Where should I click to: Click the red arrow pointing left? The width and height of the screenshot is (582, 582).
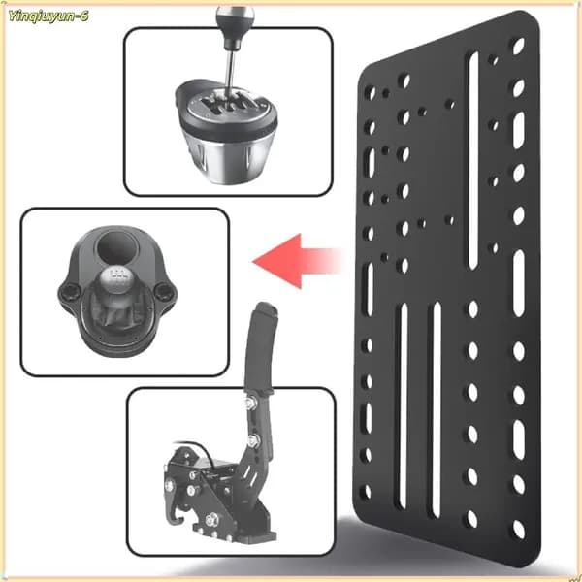tap(297, 261)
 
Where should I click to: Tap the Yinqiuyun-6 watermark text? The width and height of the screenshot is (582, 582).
tap(48, 16)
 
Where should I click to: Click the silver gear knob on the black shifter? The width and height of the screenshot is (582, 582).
tap(116, 278)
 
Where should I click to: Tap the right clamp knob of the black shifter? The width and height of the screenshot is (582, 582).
tap(163, 291)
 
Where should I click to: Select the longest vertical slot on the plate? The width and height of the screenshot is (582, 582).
tap(473, 160)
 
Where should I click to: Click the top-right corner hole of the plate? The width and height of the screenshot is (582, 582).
tap(518, 46)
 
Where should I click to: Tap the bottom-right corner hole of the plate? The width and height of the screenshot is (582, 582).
tap(519, 530)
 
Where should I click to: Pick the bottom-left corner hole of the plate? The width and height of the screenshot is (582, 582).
tap(367, 492)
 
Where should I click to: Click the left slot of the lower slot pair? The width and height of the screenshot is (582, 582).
tap(404, 405)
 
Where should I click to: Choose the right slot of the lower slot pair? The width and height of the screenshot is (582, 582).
tap(436, 409)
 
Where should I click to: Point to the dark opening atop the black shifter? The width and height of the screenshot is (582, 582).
tap(117, 246)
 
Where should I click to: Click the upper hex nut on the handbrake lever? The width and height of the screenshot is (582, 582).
tap(251, 402)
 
